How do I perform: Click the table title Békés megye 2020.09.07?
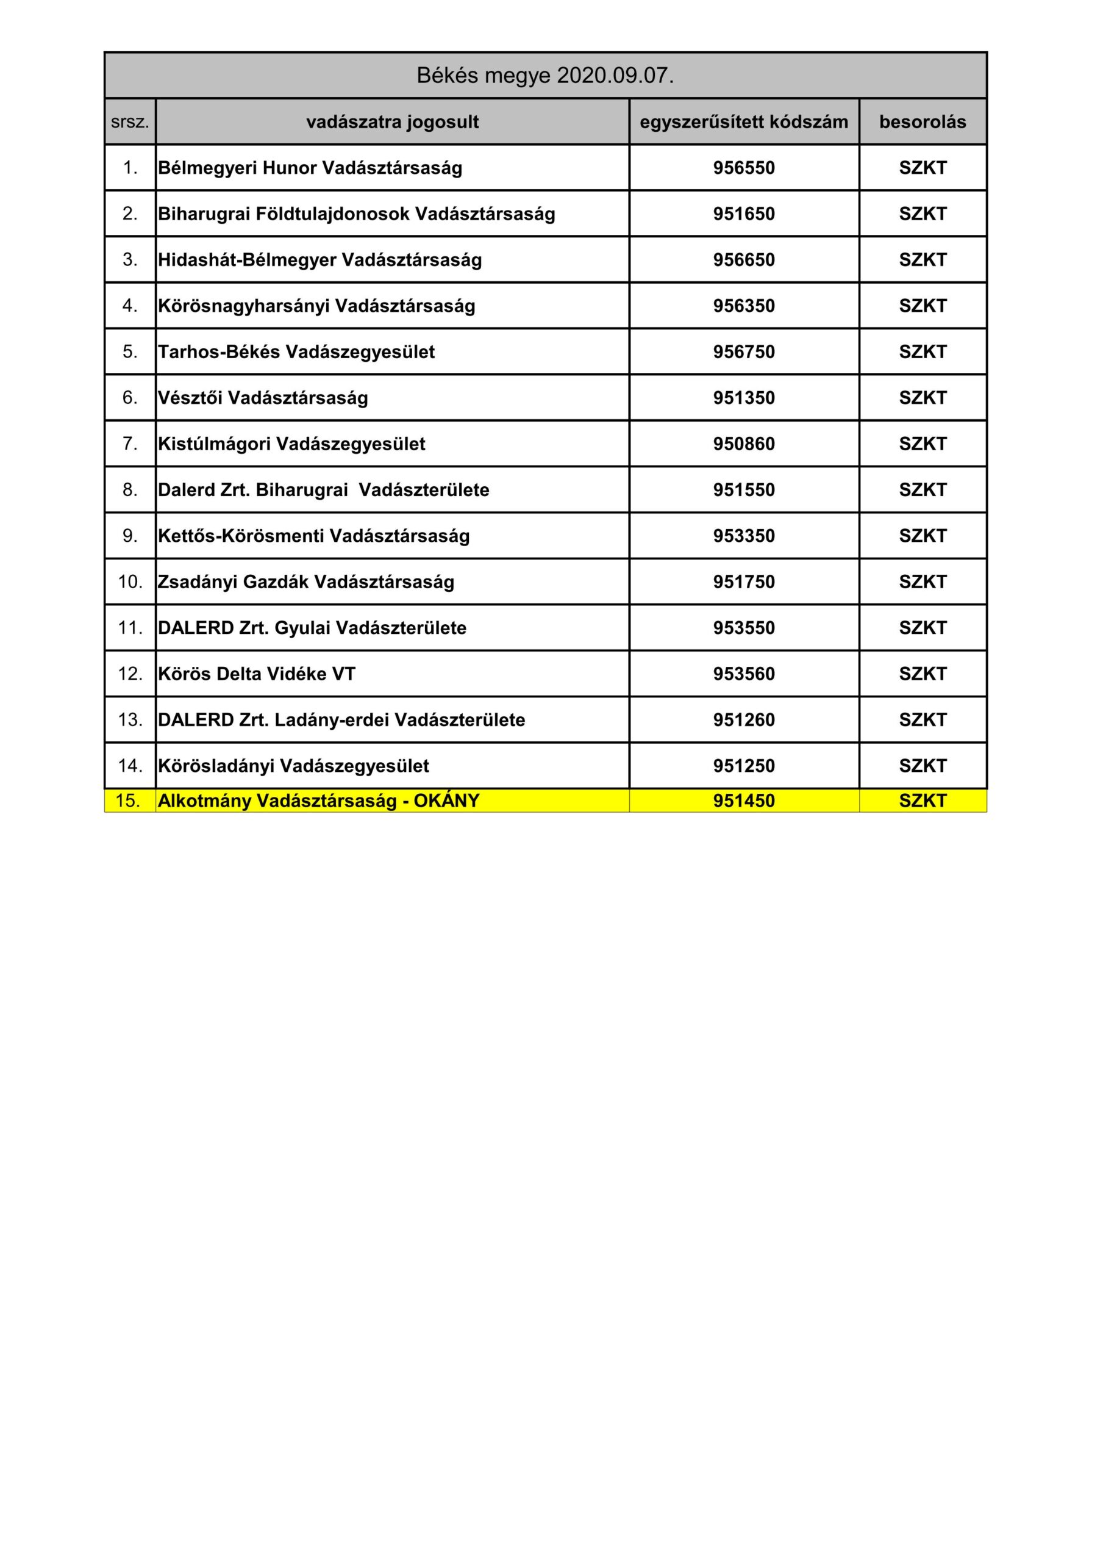click(544, 76)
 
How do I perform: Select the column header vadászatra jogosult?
click(393, 123)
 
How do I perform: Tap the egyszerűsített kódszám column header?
click(743, 123)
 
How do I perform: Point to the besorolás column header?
click(922, 123)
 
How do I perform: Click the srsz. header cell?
click(130, 123)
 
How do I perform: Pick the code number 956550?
click(743, 168)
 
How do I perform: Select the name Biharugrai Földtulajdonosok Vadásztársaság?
click(356, 214)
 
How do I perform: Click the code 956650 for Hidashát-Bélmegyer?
click(743, 260)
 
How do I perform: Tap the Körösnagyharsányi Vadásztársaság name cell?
click(316, 306)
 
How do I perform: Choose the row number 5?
click(130, 351)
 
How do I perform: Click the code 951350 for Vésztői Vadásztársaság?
click(743, 398)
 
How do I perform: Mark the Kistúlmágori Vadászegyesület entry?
click(291, 444)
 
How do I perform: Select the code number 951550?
click(743, 490)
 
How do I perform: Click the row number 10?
click(130, 581)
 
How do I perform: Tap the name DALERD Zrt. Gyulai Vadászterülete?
click(312, 628)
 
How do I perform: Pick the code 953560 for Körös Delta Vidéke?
click(743, 674)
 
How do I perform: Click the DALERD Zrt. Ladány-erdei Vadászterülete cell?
click(341, 720)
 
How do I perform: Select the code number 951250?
click(743, 766)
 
